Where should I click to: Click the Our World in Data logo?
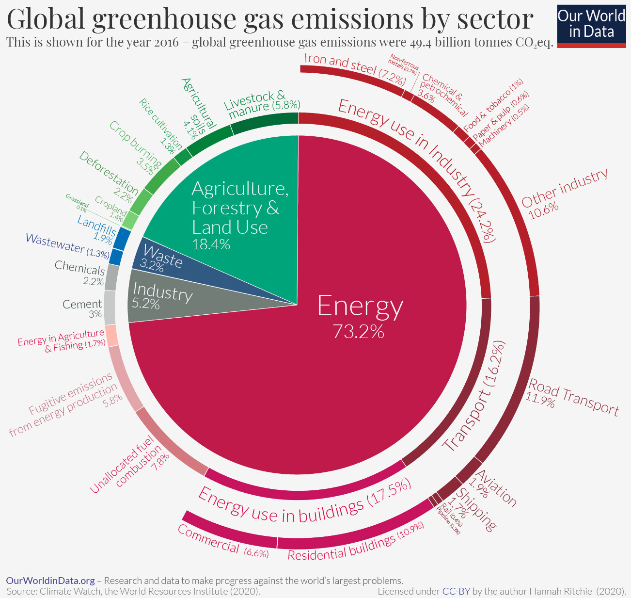coord(591,24)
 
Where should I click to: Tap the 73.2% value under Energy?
coord(358,331)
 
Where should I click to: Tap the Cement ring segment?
coord(110,307)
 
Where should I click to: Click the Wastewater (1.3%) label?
coord(67,245)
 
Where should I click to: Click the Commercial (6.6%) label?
coord(223,541)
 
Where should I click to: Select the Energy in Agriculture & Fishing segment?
coord(111,336)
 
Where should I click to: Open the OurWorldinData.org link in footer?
coord(50,581)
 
